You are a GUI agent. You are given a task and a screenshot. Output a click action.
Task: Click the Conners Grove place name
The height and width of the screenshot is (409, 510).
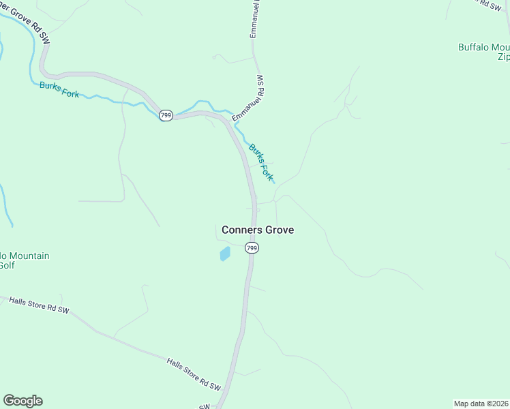click(258, 230)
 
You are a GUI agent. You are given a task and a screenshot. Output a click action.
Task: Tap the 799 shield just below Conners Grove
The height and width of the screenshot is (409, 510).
click(252, 248)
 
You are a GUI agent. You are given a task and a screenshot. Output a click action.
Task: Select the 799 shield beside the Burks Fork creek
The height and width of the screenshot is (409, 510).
click(166, 115)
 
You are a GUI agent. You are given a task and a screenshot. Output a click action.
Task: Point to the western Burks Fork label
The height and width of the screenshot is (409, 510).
click(59, 89)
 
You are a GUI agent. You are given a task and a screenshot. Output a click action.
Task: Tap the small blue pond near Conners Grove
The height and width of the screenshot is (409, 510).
click(224, 254)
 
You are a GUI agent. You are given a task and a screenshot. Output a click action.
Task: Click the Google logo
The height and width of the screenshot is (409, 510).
click(22, 401)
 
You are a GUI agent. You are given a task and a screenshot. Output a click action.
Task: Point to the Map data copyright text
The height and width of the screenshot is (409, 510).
click(481, 403)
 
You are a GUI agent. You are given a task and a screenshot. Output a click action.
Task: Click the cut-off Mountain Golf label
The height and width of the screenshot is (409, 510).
click(20, 260)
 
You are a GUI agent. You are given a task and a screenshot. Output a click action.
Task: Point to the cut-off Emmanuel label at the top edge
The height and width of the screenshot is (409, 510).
click(255, 18)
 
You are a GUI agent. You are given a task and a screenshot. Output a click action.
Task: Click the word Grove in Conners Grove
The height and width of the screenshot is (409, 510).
click(278, 230)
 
